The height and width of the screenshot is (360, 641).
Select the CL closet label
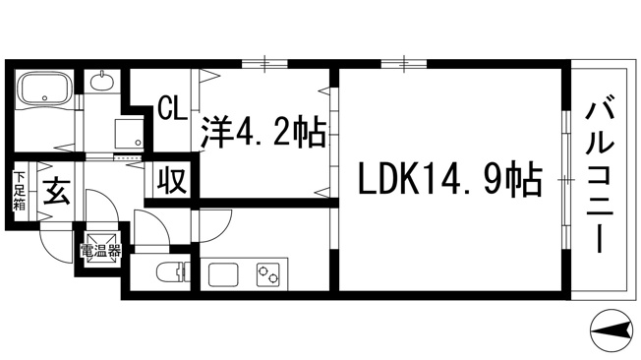point(172,108)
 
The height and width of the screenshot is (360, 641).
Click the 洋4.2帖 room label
point(264,132)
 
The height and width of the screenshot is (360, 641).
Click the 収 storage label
point(172,180)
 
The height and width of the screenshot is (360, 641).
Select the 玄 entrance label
point(57,191)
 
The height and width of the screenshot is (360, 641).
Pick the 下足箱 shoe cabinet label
point(20,191)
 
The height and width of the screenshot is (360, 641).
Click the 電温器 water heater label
point(100,251)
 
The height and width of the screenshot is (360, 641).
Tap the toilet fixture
point(173,271)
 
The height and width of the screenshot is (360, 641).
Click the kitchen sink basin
point(223,274)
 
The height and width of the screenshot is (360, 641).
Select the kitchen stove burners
point(268,274)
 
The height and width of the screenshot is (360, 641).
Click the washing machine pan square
point(129,134)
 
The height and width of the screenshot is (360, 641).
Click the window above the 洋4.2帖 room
point(264,63)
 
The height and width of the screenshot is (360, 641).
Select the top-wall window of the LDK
point(404,63)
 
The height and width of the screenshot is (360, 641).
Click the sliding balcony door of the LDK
point(565,179)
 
